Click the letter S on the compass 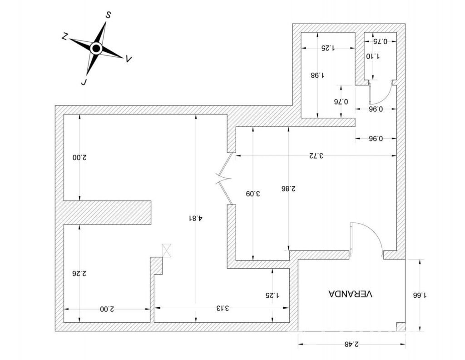point(108,15)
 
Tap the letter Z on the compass point(65,36)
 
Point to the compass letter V point(129,59)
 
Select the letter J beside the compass point(84,81)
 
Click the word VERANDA point(350,294)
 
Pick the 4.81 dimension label point(196,218)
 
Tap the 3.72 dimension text point(316,155)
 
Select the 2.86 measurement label point(288,189)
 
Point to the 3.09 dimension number point(252,194)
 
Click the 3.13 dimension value point(222,308)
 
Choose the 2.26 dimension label point(79,273)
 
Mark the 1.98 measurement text point(317,75)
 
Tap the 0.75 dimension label point(380,41)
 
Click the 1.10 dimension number point(373,56)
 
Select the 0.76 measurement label point(341,102)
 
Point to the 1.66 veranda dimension point(420,295)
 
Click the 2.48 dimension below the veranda point(351,344)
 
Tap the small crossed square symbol point(167,250)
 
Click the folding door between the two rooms point(224,179)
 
